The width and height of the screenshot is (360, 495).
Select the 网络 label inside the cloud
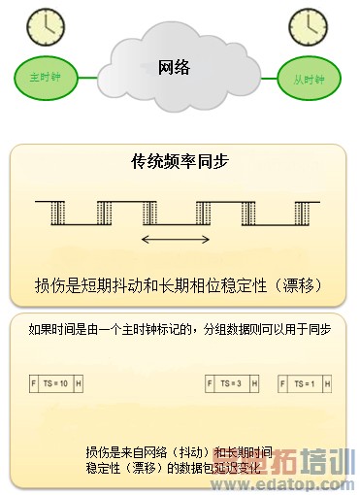pos(174,67)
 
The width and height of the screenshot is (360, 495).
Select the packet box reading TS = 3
pos(232,384)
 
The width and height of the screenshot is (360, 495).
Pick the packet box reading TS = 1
pos(304,384)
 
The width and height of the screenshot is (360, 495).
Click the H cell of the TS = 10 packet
pos(79,384)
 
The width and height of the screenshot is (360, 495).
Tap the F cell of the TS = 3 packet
pos(210,384)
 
